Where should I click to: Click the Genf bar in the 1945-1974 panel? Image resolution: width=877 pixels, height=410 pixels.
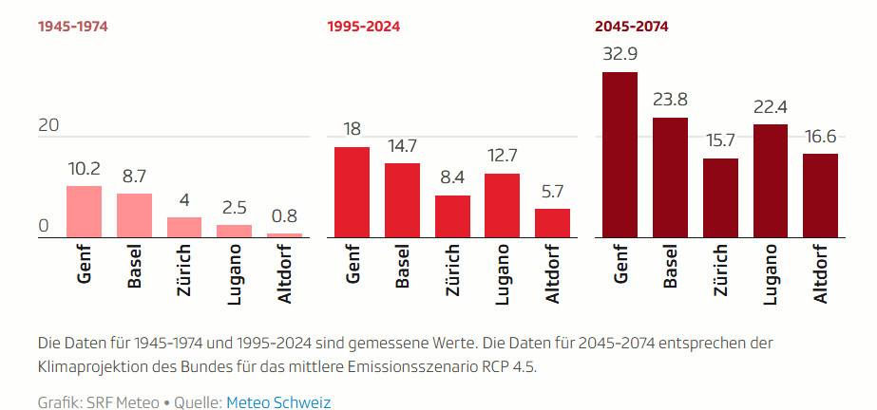click(84, 212)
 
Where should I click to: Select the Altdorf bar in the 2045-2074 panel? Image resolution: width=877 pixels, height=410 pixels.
click(820, 196)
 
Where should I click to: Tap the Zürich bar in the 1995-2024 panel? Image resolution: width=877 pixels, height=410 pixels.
click(452, 216)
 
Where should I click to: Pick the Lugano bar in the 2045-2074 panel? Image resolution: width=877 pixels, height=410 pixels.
click(770, 180)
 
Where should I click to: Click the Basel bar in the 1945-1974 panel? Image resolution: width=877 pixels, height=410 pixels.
click(134, 215)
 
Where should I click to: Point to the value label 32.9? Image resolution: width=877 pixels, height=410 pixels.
click(620, 53)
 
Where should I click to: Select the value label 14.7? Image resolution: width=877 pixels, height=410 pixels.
click(402, 145)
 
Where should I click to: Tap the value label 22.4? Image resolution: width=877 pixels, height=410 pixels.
click(770, 106)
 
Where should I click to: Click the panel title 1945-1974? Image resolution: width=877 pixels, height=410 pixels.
click(73, 27)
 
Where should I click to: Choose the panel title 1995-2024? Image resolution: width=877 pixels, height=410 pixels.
click(364, 27)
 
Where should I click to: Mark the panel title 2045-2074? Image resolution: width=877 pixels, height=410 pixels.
click(632, 27)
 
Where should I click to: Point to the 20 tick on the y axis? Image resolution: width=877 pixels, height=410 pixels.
click(48, 125)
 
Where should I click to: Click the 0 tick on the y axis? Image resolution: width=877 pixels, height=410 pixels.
click(43, 226)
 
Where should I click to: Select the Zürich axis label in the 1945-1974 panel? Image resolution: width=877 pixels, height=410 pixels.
click(184, 273)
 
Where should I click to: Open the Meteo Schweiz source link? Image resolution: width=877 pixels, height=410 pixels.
click(278, 402)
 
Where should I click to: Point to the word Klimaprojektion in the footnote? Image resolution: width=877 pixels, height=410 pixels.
click(87, 366)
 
